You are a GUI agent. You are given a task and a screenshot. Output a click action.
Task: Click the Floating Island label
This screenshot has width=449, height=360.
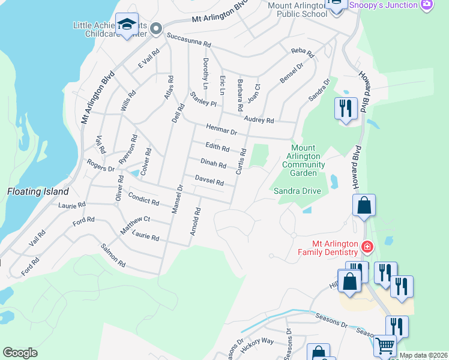[38, 192]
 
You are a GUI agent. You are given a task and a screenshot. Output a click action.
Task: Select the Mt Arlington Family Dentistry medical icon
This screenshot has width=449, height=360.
[367, 247]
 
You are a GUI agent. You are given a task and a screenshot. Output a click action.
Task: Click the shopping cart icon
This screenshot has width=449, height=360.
[384, 346]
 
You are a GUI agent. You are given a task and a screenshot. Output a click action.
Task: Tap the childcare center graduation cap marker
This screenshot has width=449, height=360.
[127, 24]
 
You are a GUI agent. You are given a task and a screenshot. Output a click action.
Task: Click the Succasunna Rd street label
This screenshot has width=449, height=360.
[189, 40]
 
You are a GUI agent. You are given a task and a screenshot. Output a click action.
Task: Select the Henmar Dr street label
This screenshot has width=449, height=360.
[221, 128]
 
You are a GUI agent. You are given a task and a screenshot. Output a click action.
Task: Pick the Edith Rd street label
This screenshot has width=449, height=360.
[217, 148]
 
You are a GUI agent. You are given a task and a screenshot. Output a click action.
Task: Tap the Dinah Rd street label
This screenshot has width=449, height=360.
[213, 164]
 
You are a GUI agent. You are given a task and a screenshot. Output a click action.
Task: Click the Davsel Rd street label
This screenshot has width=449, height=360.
[209, 180]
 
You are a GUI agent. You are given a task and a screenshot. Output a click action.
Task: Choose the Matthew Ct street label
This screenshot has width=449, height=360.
[134, 224]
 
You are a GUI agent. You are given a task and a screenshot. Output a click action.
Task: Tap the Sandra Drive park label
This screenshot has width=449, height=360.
[297, 191]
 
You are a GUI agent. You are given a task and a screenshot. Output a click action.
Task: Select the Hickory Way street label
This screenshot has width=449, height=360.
[257, 344]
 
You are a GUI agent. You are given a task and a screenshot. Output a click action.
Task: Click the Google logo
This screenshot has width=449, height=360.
[20, 353]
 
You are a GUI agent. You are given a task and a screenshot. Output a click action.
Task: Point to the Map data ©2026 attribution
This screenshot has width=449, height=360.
[423, 355]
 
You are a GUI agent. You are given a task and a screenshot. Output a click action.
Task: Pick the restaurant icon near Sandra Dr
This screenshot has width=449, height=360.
[346, 109]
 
